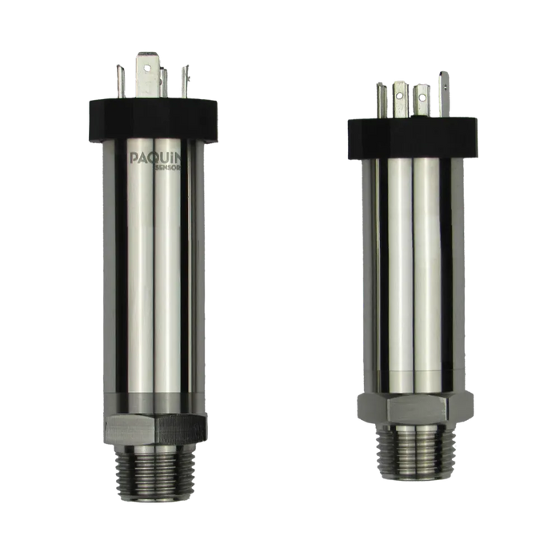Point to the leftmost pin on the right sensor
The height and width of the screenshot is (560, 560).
(x=381, y=100)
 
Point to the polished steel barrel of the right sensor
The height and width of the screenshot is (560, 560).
(x=413, y=264)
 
